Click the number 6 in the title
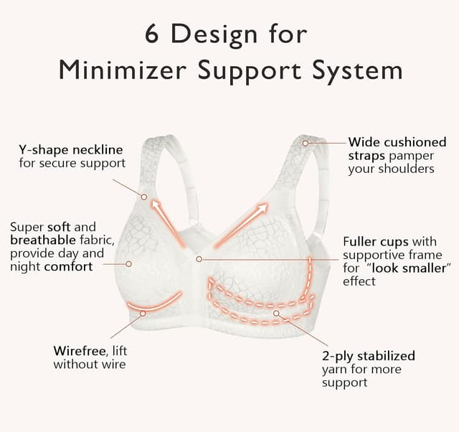pos(151,34)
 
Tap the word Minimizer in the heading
pos(123,70)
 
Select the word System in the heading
pos(357,70)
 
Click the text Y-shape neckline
pos(71,150)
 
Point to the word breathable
pos(43,240)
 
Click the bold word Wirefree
pos(80,351)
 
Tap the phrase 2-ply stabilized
pos(369,357)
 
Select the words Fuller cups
pos(376,242)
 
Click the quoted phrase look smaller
pos(410,268)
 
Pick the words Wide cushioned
pos(397,142)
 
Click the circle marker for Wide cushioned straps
pos(306,144)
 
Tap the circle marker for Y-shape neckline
pos(143,197)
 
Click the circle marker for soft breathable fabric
pos(128,264)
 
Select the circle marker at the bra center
pos(199,259)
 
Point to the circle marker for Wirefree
pos(143,314)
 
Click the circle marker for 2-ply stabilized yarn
pos(276,313)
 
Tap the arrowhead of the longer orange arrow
pos(261,208)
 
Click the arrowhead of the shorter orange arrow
pos(156,205)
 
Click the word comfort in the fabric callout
pos(68,266)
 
